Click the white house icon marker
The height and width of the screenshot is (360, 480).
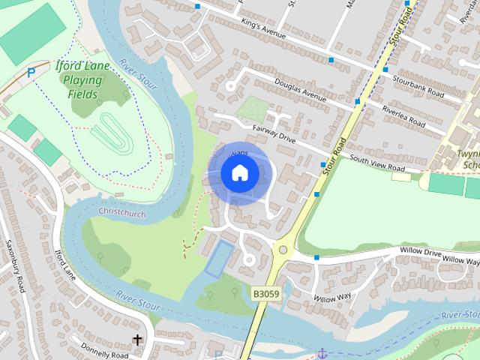click(x=239, y=173)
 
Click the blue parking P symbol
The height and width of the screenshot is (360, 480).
click(x=31, y=73)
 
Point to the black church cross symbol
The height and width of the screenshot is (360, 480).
click(x=137, y=340)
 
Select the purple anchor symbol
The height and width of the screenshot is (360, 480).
click(x=322, y=352)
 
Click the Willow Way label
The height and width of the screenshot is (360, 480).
click(x=332, y=298)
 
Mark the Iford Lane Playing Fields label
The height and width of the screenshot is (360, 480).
click(x=83, y=79)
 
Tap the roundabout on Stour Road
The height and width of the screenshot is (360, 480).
click(x=283, y=250)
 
